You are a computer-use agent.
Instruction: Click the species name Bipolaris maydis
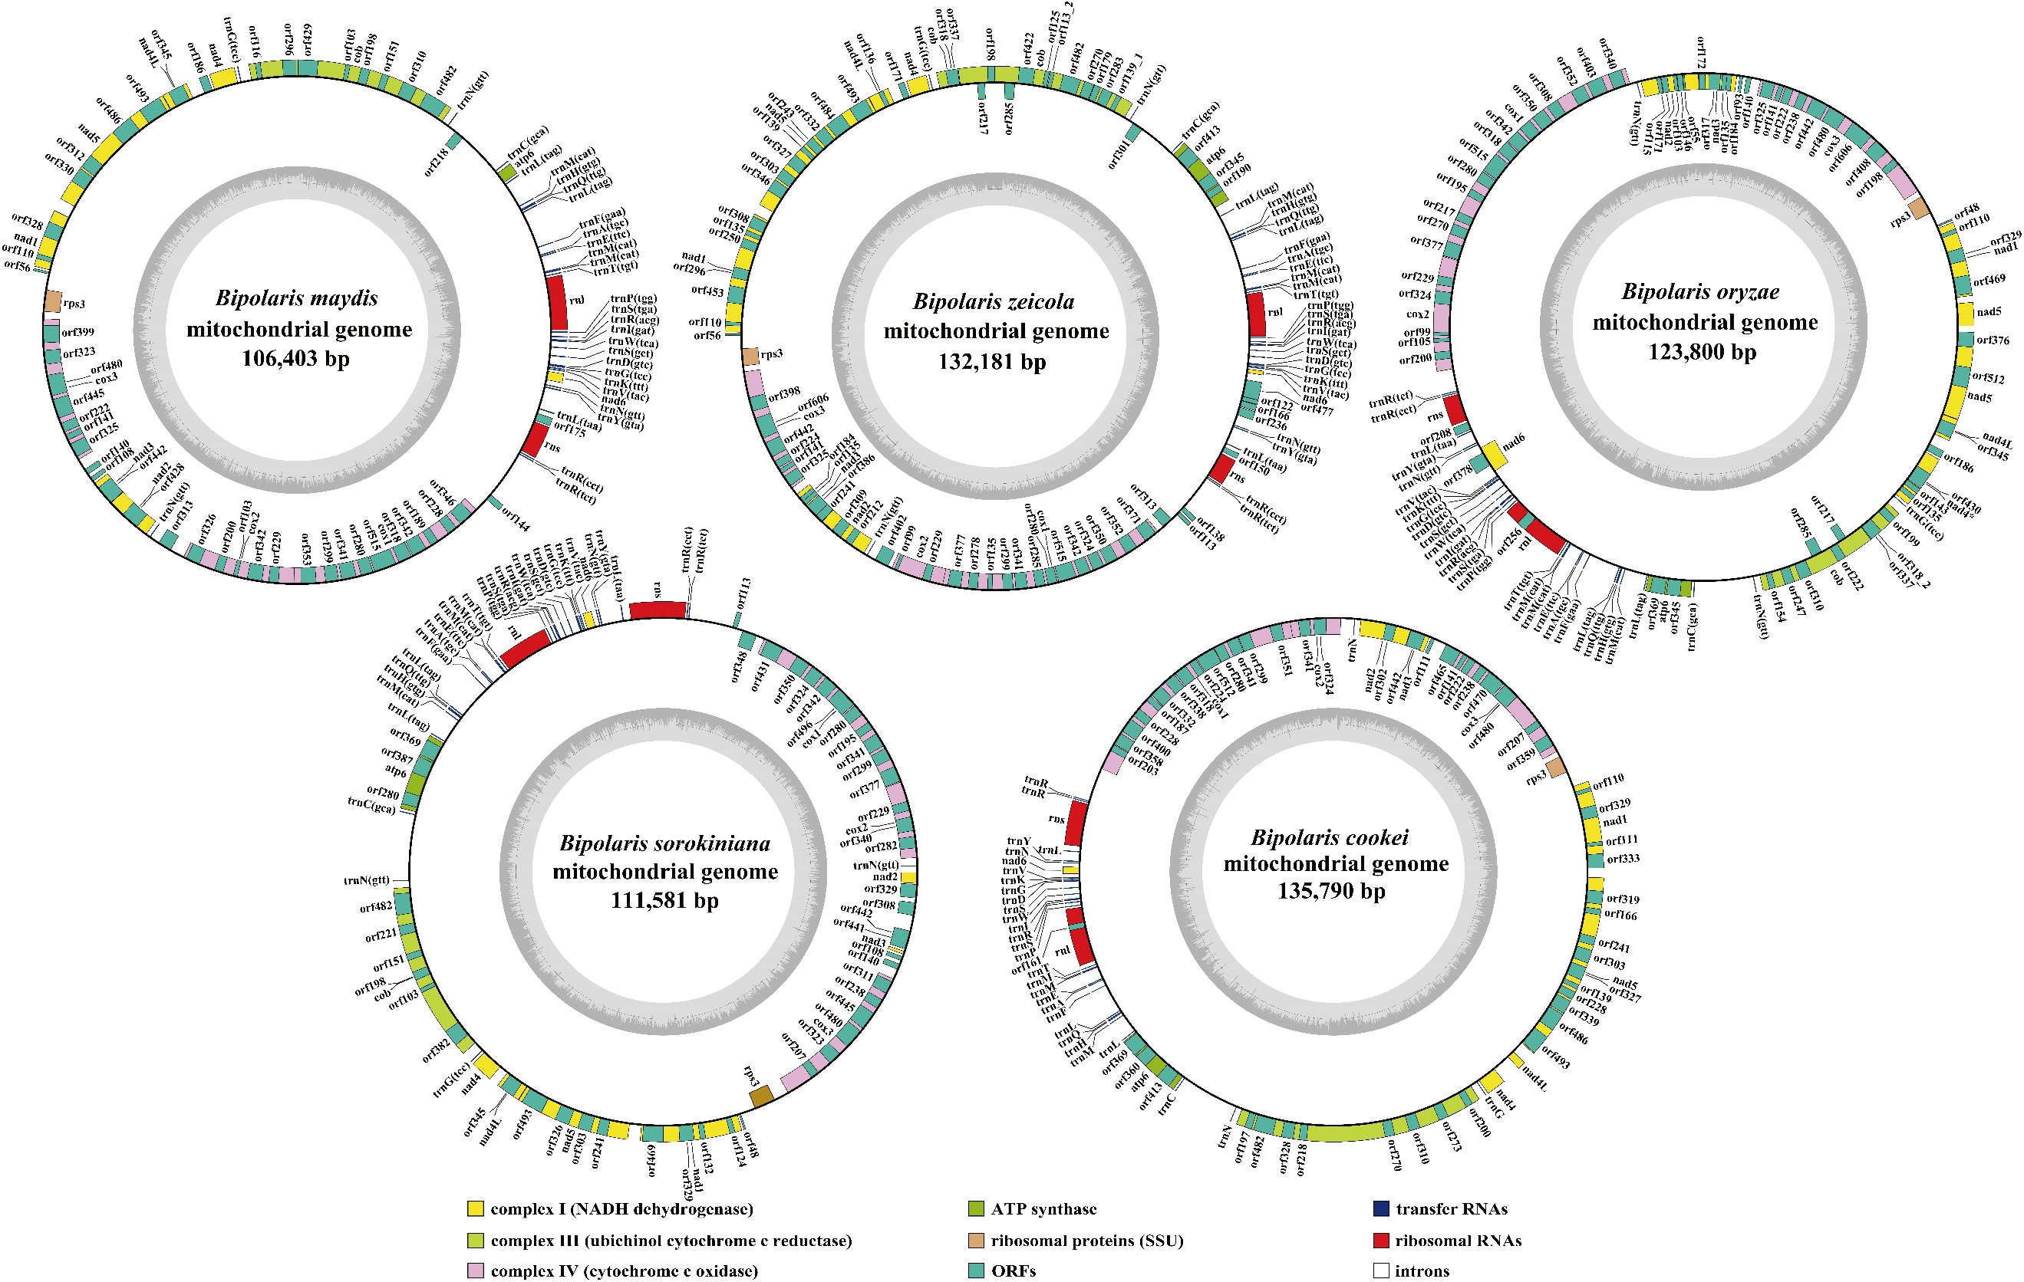point(297,298)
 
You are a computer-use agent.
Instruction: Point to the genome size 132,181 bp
point(992,362)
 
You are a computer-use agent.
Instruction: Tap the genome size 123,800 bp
point(1702,352)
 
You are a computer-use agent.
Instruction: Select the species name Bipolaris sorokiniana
point(665,843)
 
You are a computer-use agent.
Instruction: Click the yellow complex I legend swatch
point(476,1209)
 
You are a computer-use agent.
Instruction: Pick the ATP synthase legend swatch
point(977,1209)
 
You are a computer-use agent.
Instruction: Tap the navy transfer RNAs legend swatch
point(1380,1209)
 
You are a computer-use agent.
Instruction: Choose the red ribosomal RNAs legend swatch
point(1380,1240)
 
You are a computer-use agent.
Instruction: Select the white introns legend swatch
point(1380,1270)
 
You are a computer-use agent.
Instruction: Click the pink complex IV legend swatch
point(476,1270)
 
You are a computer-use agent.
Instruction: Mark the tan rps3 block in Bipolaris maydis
point(53,301)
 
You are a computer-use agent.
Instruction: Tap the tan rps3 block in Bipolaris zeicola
point(750,355)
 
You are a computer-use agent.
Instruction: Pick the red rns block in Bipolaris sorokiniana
point(658,609)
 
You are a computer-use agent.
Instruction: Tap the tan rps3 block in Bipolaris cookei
point(1556,767)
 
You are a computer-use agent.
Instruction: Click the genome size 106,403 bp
point(295,359)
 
